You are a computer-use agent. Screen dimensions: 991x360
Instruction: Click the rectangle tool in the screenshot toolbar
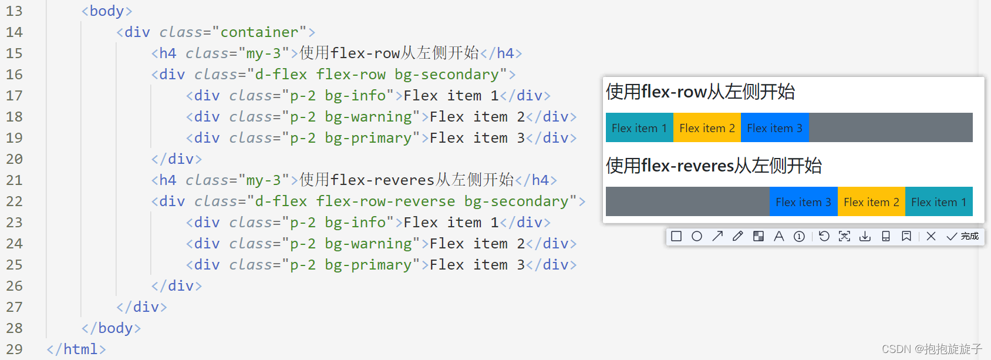(676, 236)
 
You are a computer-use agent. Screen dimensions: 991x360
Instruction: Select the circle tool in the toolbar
(697, 236)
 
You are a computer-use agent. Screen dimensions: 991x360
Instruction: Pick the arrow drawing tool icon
(717, 236)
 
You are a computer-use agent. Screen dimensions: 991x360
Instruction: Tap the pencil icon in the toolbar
(738, 236)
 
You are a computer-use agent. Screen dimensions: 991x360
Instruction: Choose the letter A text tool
(779, 236)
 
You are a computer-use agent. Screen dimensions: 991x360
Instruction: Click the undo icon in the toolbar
(824, 236)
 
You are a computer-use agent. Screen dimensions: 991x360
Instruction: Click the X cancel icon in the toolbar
(931, 236)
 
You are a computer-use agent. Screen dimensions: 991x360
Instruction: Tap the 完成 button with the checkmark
(963, 236)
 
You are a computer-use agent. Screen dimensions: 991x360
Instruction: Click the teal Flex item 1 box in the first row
(639, 128)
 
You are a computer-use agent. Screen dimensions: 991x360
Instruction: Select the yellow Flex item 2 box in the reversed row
(871, 202)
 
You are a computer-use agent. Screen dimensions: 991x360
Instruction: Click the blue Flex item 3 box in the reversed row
(803, 202)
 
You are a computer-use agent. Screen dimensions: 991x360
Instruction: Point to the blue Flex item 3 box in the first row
(774, 128)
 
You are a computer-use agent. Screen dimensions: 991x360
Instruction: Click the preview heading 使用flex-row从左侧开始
(700, 92)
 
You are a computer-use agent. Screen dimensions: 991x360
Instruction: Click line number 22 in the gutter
(15, 201)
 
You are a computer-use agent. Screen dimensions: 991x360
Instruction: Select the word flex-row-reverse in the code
(385, 201)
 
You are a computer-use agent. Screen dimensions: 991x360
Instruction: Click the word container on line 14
(259, 32)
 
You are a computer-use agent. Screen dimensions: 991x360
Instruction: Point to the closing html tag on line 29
(76, 349)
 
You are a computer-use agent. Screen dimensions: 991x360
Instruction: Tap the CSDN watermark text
(932, 349)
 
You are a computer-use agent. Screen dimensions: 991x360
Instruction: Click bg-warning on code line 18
(369, 117)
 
